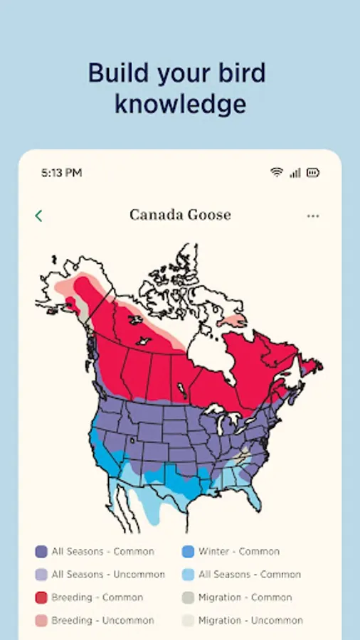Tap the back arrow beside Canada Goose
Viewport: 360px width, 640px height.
coord(38,215)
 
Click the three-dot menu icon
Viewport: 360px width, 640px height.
coord(313,215)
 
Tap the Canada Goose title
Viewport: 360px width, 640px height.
coord(180,215)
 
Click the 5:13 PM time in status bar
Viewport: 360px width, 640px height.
coord(61,173)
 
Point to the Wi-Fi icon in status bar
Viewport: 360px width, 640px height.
coord(277,173)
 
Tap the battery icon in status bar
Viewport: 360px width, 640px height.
coord(313,173)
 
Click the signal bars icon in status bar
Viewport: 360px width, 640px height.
coord(295,173)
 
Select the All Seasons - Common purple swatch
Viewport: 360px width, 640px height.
coord(41,551)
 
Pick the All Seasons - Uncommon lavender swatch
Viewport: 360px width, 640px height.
coord(41,575)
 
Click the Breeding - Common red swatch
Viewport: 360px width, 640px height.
coord(41,597)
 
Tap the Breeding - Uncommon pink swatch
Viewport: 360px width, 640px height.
coord(41,621)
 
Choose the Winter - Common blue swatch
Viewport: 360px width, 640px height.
coord(188,551)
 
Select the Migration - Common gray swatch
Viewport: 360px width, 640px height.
coord(188,597)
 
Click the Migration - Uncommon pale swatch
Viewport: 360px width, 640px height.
coord(188,621)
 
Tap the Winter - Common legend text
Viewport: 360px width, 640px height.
coord(239,551)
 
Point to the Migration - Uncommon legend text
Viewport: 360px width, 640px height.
coord(250,621)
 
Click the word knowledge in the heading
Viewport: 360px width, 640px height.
coord(180,104)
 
